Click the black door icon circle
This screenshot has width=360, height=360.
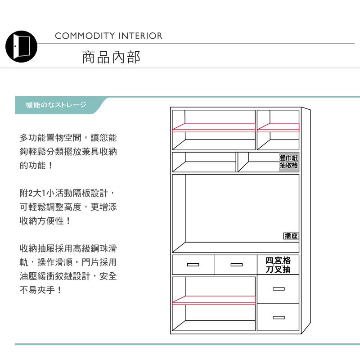(x=21, y=47)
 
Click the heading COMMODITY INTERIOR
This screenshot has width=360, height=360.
(x=108, y=36)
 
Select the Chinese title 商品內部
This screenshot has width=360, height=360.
(x=111, y=57)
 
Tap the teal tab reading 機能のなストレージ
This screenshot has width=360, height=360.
(x=56, y=105)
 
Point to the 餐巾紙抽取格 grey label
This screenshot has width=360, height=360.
(x=289, y=162)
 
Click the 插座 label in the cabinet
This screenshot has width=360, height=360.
(x=291, y=236)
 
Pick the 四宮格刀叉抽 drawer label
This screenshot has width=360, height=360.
(x=278, y=265)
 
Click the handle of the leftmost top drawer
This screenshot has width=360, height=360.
(x=193, y=265)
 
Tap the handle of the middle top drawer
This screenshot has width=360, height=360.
(x=236, y=265)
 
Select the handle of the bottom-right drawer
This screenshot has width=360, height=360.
(x=278, y=318)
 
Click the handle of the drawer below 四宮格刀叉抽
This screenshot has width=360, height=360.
(x=278, y=289)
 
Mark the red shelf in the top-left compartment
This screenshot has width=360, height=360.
(x=214, y=127)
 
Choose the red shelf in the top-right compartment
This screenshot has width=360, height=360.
(x=278, y=127)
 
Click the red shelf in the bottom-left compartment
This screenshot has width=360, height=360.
(x=214, y=300)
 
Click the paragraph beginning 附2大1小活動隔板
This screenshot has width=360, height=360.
(x=68, y=207)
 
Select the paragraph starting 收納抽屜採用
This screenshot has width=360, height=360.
(x=68, y=269)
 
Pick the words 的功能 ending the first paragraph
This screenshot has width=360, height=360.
(x=32, y=166)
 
